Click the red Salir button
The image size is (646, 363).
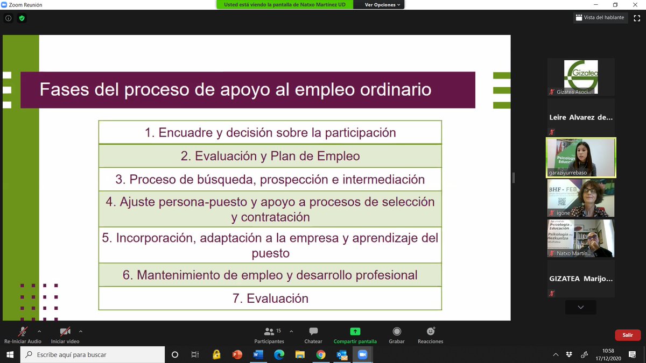(627, 335)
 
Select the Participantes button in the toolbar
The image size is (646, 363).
(269, 332)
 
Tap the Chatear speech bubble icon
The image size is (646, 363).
(313, 332)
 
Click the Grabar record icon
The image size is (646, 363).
(397, 332)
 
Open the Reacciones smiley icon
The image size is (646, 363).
(430, 332)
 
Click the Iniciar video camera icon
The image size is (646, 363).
(65, 332)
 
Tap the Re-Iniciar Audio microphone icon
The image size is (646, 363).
(23, 332)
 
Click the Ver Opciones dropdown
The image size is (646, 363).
(383, 5)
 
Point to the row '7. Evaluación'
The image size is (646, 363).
(270, 298)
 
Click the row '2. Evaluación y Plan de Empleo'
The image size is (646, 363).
(270, 156)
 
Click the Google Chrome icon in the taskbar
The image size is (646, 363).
(321, 355)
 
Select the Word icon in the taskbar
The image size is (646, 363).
(257, 355)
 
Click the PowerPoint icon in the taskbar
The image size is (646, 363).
(237, 355)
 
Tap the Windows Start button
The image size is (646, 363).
(10, 355)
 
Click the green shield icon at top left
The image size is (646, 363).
(22, 18)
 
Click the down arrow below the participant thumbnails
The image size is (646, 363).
(580, 307)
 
